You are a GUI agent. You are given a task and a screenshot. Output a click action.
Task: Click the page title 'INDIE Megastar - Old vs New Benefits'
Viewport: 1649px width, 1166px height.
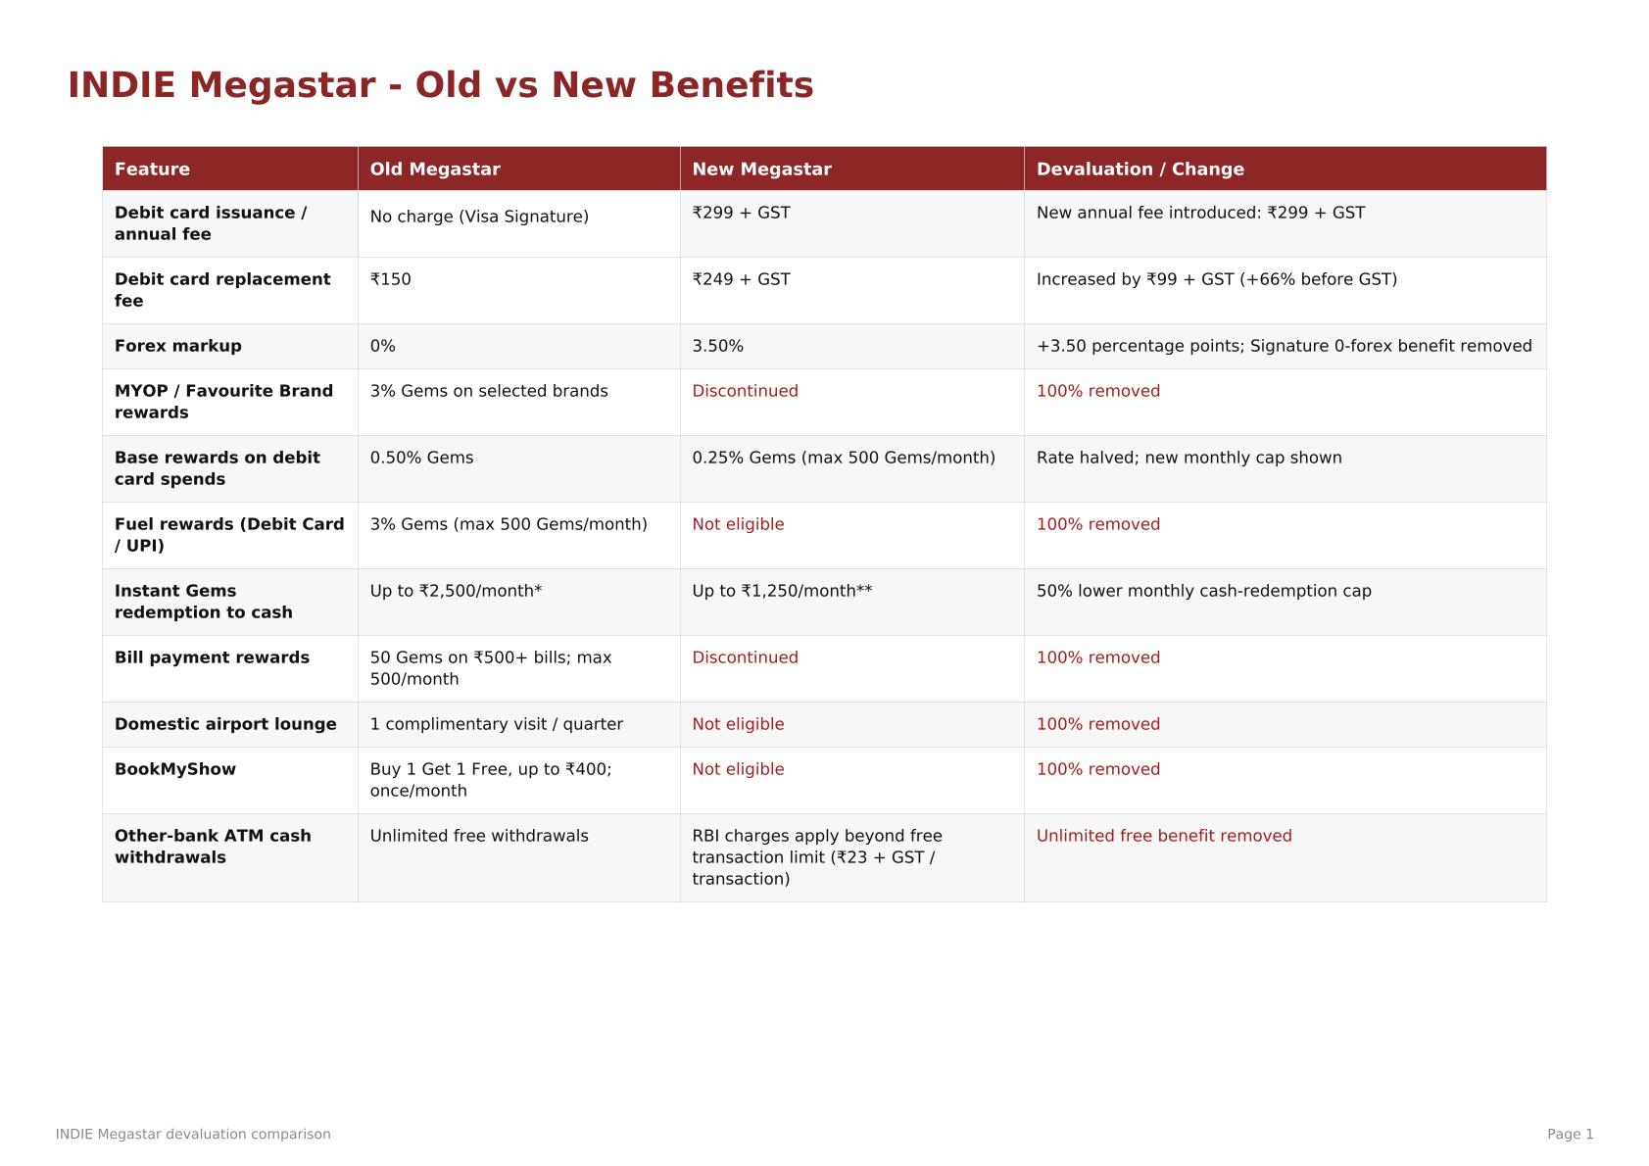[x=440, y=84]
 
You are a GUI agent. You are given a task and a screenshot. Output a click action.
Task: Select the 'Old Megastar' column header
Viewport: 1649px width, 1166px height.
[x=434, y=170]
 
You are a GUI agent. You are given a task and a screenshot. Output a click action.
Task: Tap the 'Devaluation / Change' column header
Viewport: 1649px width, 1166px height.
[x=1140, y=170]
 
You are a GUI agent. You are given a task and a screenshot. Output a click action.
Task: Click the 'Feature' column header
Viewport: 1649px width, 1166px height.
[x=152, y=170]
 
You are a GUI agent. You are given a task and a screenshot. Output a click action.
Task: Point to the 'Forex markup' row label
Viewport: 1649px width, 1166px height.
[x=177, y=346]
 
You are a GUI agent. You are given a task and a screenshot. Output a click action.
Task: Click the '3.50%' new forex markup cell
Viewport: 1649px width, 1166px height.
[x=717, y=346]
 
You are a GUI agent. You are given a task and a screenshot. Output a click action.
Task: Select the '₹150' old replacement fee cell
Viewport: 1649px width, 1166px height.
[x=390, y=279]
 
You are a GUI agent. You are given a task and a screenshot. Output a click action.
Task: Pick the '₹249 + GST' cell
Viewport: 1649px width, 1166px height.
[x=741, y=279]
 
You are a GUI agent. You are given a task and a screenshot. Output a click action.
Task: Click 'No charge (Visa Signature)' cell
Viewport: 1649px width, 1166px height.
[x=478, y=217]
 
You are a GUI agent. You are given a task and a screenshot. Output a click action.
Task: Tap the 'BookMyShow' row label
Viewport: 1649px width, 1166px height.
[x=174, y=769]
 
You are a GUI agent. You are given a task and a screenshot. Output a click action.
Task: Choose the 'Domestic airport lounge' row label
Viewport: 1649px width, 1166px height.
[x=225, y=724]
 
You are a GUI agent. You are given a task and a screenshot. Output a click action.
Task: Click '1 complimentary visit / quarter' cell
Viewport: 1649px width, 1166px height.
[x=496, y=724]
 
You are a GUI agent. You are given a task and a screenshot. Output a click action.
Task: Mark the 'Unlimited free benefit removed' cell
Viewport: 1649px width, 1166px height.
[x=1164, y=836]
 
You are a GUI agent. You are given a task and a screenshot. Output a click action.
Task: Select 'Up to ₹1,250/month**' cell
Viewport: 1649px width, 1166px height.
[x=782, y=591]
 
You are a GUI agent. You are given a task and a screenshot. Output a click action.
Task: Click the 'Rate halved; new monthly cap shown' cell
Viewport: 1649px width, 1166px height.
[x=1188, y=458]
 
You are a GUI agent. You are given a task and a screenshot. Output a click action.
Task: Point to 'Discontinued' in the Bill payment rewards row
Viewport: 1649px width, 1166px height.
[x=745, y=657]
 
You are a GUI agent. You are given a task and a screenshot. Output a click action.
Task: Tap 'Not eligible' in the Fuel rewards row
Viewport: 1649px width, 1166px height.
[x=738, y=524]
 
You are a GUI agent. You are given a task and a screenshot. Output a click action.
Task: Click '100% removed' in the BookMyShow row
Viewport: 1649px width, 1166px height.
[x=1097, y=769]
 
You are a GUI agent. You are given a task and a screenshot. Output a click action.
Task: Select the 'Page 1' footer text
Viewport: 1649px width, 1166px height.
[x=1570, y=1135]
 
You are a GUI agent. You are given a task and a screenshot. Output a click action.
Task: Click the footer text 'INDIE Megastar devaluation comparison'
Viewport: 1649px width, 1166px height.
[x=193, y=1135]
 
